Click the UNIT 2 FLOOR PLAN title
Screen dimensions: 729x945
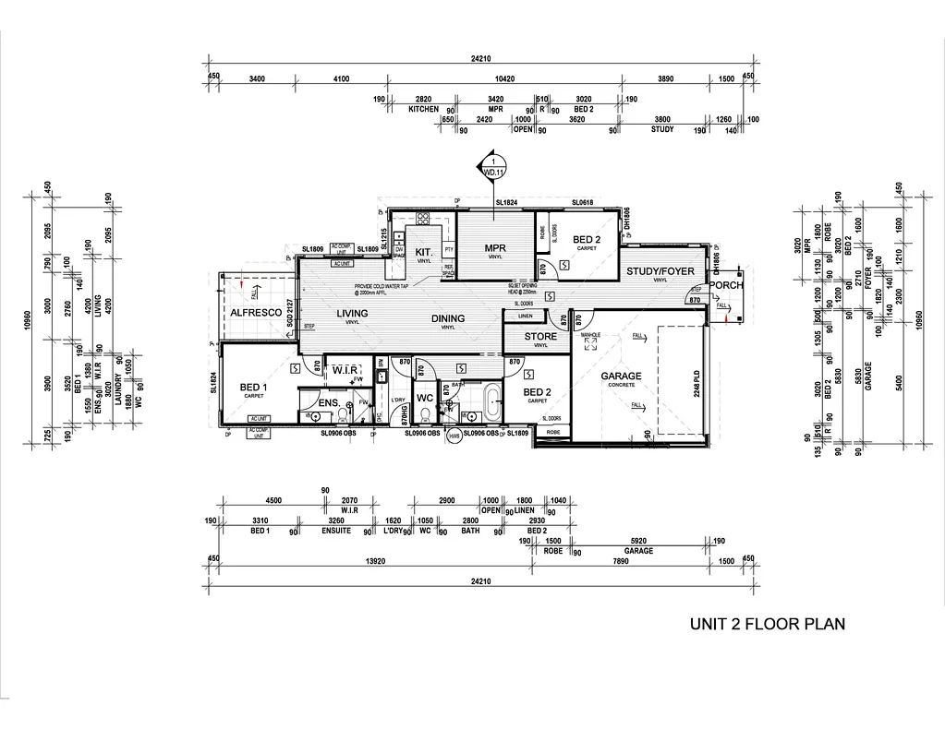tap(768, 624)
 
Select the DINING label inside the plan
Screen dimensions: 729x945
tap(448, 319)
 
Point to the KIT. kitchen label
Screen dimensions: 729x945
tap(423, 252)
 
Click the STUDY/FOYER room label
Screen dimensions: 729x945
tap(660, 270)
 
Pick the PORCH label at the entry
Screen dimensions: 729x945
tap(726, 285)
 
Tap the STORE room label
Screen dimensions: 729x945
tap(540, 337)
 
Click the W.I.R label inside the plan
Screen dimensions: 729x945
tap(345, 370)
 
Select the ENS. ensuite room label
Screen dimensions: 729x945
tap(329, 403)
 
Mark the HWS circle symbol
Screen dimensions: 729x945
tap(454, 438)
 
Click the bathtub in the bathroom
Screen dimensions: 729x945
tap(492, 401)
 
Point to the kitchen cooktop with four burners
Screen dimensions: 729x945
tap(422, 220)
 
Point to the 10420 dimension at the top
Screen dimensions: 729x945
tap(504, 78)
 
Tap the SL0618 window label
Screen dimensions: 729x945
tap(581, 202)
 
